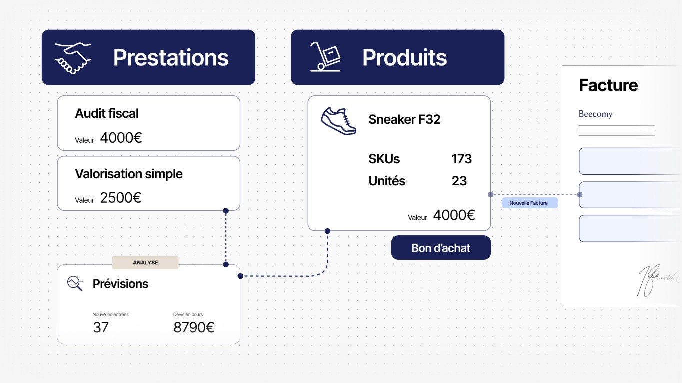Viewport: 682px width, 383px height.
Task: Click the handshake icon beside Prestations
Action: click(73, 58)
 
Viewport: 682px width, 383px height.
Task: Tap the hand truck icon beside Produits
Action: click(325, 57)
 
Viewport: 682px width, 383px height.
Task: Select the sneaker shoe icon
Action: click(338, 121)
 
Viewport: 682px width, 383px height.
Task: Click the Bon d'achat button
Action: click(441, 248)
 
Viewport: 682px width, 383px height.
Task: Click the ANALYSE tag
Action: click(145, 263)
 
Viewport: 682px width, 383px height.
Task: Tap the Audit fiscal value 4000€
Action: click(121, 138)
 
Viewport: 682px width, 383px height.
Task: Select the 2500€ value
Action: click(120, 198)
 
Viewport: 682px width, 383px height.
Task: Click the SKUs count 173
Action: click(461, 159)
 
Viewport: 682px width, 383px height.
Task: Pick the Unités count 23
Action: click(459, 181)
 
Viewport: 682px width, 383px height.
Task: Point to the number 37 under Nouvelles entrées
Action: click(101, 327)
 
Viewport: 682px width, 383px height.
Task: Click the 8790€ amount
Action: click(194, 327)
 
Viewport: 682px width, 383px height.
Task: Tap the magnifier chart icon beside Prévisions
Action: click(75, 283)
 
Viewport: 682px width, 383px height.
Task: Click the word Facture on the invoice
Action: click(608, 85)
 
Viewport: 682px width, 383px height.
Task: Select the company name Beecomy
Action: click(595, 114)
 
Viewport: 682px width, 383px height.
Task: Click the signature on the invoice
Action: click(658, 280)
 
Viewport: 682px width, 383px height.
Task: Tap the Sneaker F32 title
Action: click(404, 119)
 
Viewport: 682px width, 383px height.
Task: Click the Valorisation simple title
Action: click(129, 174)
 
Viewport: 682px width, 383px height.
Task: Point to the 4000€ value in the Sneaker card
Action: click(454, 215)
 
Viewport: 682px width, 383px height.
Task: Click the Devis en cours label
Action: click(188, 314)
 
